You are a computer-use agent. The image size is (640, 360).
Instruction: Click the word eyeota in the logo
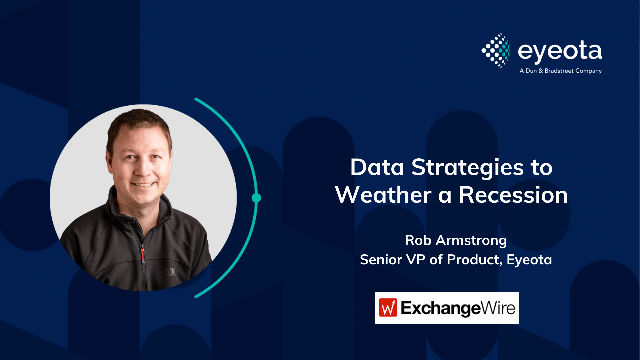tap(560, 51)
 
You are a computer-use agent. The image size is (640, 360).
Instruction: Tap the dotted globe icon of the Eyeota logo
tap(496, 50)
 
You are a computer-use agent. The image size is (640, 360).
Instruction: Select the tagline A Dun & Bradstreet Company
tap(560, 71)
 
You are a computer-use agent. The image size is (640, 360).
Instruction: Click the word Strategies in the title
tap(467, 168)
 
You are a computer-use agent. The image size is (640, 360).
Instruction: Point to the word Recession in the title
tap(513, 195)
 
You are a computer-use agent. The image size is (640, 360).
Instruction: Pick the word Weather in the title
tap(383, 195)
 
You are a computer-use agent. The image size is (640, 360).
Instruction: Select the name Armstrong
tap(471, 241)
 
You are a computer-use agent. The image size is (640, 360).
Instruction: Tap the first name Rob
tap(418, 240)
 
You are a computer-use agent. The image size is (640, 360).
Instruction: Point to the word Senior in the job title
tap(381, 260)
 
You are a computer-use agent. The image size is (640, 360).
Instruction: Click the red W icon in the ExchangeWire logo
tap(388, 307)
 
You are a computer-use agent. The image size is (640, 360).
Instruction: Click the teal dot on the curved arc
tap(256, 198)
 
